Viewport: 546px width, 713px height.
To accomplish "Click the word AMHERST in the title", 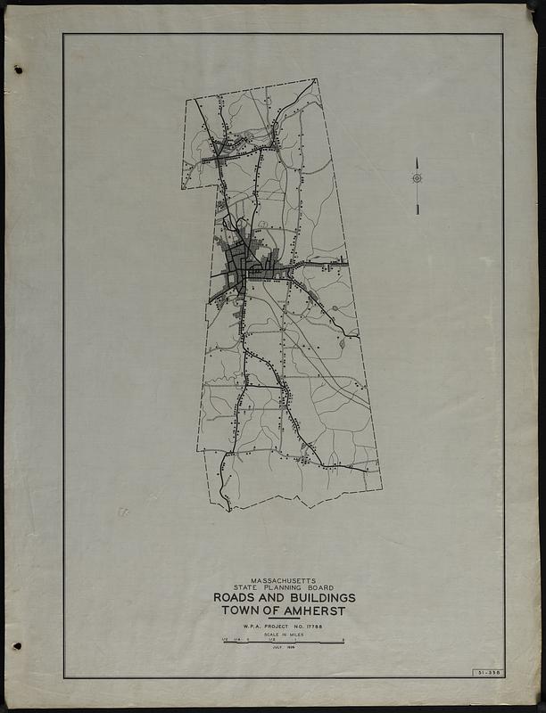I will [x=311, y=611].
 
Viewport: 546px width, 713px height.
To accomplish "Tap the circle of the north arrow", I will [x=417, y=178].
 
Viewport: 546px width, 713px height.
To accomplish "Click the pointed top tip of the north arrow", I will [x=417, y=160].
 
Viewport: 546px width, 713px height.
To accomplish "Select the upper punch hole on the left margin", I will [x=18, y=70].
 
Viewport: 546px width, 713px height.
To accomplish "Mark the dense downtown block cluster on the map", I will [x=238, y=264].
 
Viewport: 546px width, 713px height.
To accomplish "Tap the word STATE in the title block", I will [x=246, y=587].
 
